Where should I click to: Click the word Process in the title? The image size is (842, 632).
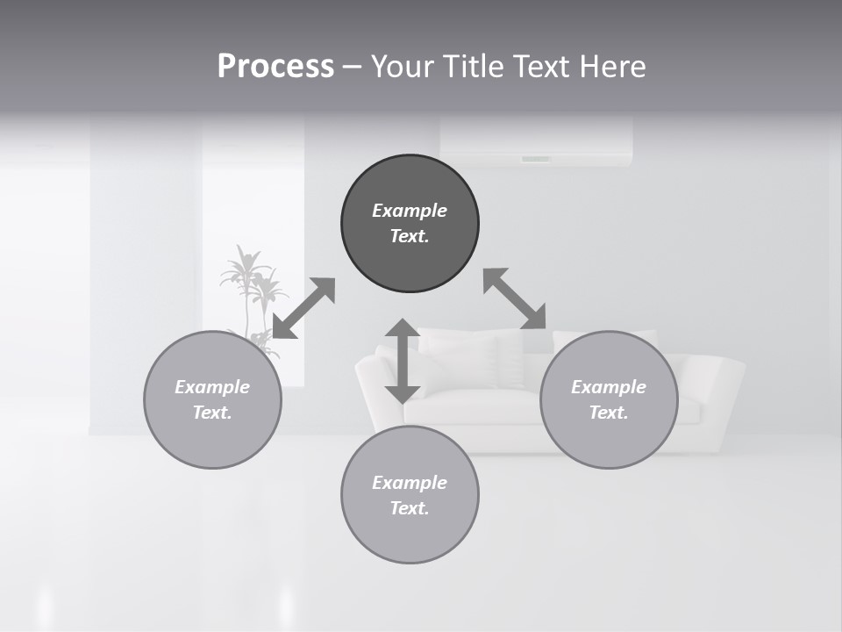pyautogui.click(x=275, y=67)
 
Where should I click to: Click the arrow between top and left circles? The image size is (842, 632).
pyautogui.click(x=303, y=308)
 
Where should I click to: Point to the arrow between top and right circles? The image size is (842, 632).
pyautogui.click(x=515, y=298)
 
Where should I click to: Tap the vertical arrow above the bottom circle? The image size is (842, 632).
pyautogui.click(x=403, y=361)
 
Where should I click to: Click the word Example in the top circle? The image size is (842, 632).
pyautogui.click(x=410, y=211)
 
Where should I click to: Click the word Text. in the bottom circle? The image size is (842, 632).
pyautogui.click(x=410, y=508)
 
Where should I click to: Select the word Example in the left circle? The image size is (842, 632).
pyautogui.click(x=212, y=387)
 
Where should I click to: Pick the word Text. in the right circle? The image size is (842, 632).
pyautogui.click(x=609, y=413)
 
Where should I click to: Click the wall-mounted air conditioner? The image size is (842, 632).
pyautogui.click(x=536, y=140)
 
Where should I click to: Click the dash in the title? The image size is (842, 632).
pyautogui.click(x=352, y=68)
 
